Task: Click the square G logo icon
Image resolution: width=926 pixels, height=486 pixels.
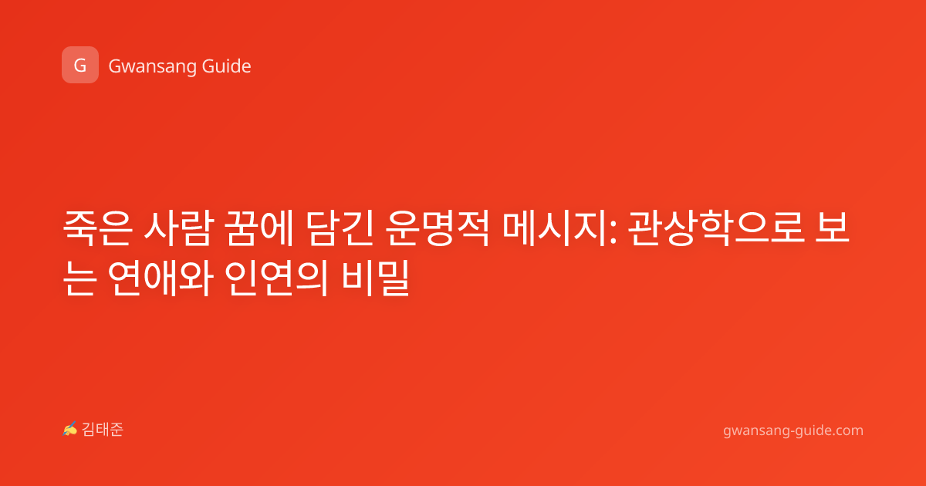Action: (80, 65)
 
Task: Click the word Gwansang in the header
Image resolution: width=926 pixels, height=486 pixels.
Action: (152, 66)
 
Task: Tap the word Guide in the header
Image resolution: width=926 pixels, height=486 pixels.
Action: (227, 66)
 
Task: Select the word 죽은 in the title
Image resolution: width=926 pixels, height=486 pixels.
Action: (97, 228)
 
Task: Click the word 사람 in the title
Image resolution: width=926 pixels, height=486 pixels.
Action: (178, 228)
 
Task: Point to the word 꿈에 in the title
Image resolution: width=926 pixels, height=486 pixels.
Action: (259, 228)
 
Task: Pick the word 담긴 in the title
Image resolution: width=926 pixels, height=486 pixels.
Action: (340, 228)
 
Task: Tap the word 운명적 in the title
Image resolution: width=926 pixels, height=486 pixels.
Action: (438, 228)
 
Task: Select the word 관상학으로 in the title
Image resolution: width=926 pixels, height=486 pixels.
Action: (716, 228)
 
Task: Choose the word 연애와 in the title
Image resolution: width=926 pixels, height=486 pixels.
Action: (161, 278)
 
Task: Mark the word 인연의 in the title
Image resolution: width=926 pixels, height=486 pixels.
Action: (276, 278)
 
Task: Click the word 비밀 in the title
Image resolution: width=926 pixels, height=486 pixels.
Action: (375, 278)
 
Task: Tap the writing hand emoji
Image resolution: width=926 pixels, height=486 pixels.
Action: (70, 429)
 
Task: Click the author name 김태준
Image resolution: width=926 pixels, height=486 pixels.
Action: (103, 430)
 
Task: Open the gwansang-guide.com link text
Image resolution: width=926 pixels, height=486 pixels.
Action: (793, 430)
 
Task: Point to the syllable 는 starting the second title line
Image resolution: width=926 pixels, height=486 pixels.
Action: (79, 278)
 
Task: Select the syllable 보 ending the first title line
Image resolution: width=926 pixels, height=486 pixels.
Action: (832, 228)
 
